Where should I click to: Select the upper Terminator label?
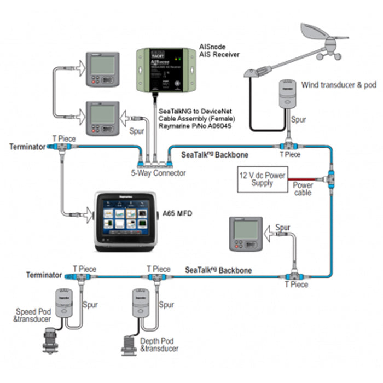click(28, 147)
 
